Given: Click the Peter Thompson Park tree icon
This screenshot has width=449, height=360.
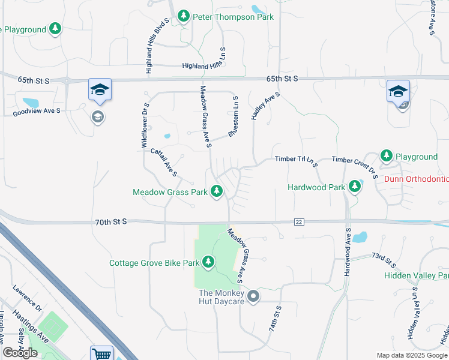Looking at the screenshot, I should click(x=184, y=16).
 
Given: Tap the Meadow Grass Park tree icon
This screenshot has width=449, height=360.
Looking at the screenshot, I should click(x=217, y=192).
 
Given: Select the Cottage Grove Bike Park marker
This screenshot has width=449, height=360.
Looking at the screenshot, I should click(x=208, y=262).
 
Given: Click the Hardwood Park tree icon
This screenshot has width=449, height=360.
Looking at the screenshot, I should click(x=355, y=187).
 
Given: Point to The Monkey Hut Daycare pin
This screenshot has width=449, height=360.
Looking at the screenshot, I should click(x=253, y=296).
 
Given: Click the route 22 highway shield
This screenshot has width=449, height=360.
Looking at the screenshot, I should click(x=298, y=222).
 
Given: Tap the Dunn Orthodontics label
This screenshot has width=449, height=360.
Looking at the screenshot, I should click(x=416, y=179).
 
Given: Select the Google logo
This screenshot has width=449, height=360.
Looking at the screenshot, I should click(x=20, y=353).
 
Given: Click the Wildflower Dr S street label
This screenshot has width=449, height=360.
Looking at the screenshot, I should click(x=144, y=125).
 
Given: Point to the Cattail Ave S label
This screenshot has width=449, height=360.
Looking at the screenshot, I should click(x=164, y=162).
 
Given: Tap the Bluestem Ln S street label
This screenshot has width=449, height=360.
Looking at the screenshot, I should click(x=233, y=115).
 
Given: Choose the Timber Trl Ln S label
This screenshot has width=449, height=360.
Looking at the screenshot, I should click(x=295, y=160).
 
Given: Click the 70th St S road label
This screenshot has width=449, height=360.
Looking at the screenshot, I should click(x=110, y=222).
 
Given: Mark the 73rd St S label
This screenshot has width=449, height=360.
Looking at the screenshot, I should click(x=384, y=260).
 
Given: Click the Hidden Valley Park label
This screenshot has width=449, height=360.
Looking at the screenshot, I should click(x=417, y=275).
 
